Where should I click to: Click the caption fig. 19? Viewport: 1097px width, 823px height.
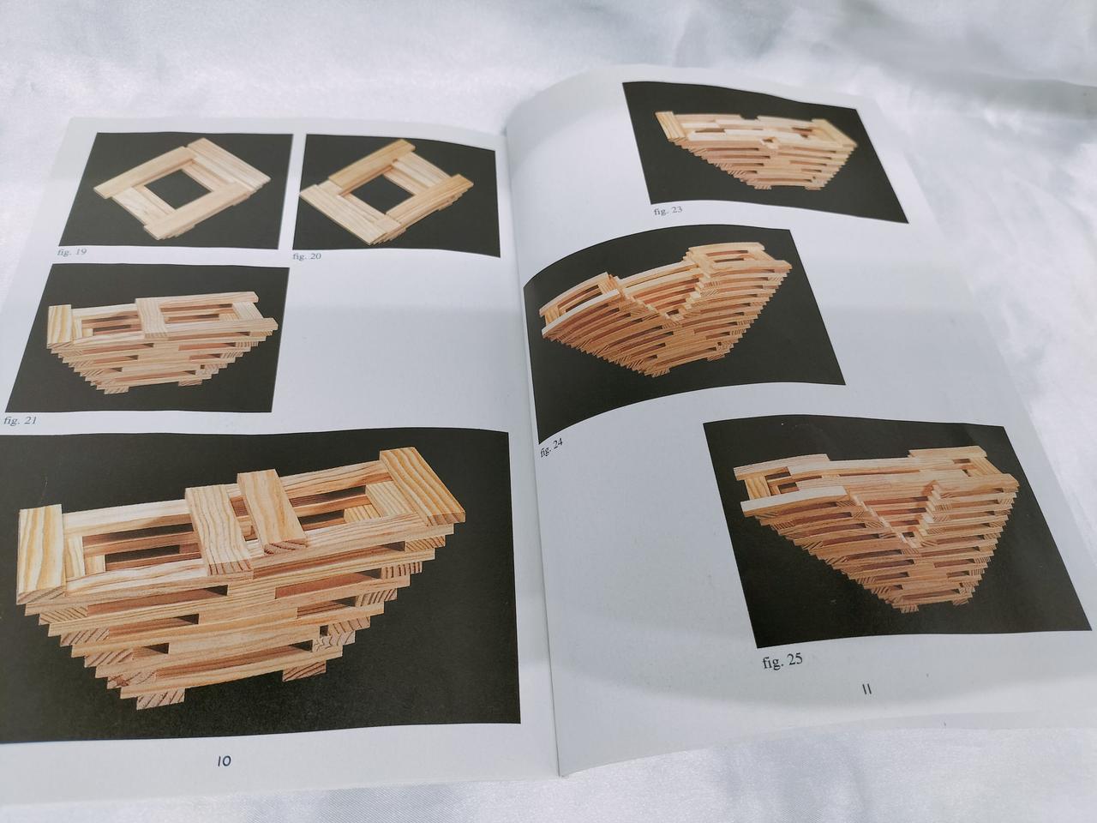(72, 252)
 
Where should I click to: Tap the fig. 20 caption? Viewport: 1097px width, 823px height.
(307, 256)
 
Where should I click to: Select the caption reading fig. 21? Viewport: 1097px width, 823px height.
(20, 420)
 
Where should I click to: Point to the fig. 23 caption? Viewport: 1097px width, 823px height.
(668, 211)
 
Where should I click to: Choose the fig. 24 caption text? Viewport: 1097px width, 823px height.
(551, 448)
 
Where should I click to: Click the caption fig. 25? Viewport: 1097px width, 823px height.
(782, 662)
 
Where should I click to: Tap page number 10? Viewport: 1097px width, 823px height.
(224, 775)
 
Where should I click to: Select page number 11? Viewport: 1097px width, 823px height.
(867, 689)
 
